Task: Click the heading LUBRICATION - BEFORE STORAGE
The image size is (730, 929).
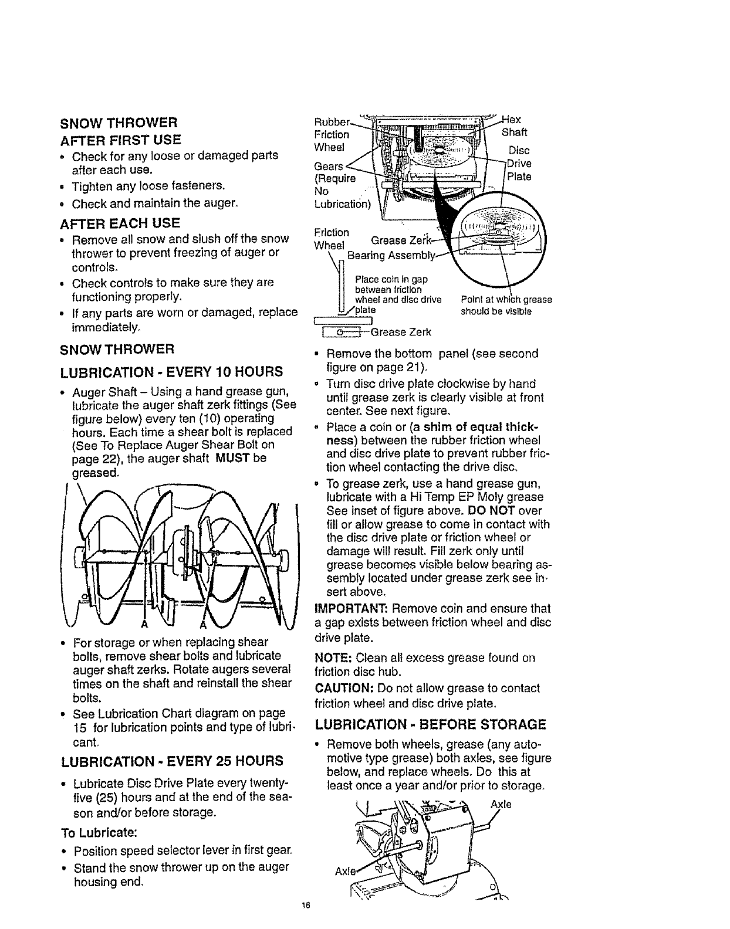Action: click(x=430, y=724)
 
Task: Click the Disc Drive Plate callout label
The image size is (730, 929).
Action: click(x=519, y=163)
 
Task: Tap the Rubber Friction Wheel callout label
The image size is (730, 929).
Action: click(x=332, y=134)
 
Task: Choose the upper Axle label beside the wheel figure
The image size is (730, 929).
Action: click(x=504, y=805)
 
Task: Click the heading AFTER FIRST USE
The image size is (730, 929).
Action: click(x=121, y=140)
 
